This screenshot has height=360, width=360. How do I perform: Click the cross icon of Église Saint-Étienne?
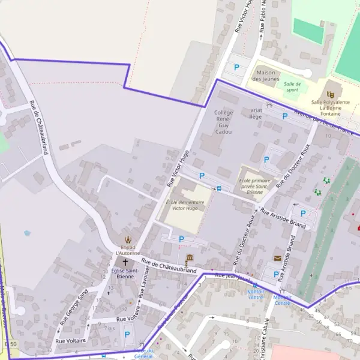point(125,262)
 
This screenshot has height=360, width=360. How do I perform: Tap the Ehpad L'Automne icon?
point(126,240)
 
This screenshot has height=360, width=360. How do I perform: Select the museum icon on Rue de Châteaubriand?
point(189,258)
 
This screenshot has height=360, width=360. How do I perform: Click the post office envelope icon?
point(277,258)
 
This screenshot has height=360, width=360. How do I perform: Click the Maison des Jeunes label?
point(265,76)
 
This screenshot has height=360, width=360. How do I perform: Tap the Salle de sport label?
point(292,87)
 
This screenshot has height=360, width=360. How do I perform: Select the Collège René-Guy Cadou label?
point(223,122)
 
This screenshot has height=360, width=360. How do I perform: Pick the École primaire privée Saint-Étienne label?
point(255,186)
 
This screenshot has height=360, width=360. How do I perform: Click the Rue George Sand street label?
point(74,307)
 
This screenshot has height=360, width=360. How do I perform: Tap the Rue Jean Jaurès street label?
point(233,277)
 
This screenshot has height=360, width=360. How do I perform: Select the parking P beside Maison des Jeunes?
point(236,67)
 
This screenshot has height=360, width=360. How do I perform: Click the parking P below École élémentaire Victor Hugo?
point(181,239)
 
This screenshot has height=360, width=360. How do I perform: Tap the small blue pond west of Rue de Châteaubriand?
point(26,233)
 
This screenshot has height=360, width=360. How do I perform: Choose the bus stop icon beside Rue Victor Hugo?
point(218,188)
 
